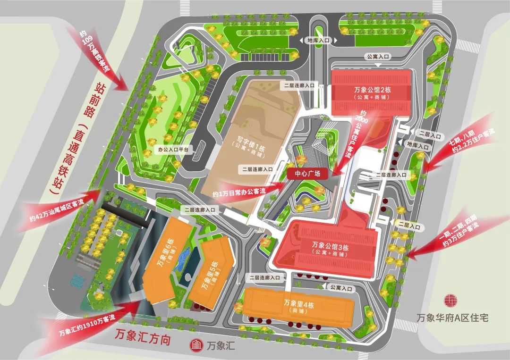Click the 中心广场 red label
tap(307, 174)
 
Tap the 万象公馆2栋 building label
tap(369, 90)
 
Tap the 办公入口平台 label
tap(173, 150)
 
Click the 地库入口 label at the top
tap(317, 41)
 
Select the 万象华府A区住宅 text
tap(453, 317)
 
